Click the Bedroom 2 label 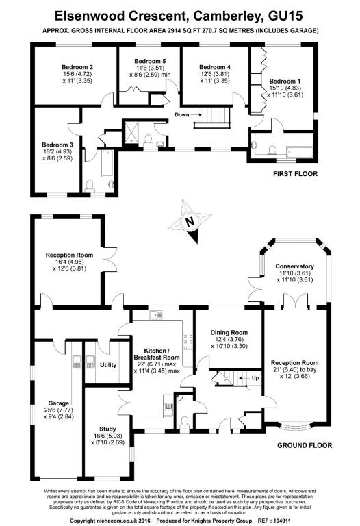(x=77, y=67)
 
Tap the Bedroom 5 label (x=150, y=61)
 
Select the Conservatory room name (x=294, y=266)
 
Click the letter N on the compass (x=190, y=221)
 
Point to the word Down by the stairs (x=181, y=115)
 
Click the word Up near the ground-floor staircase (x=255, y=378)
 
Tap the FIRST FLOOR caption (x=295, y=174)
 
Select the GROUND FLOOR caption (x=305, y=445)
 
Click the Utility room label (x=108, y=365)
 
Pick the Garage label (x=59, y=403)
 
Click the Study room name (x=107, y=429)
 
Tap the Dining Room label (x=229, y=333)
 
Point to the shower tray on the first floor (x=131, y=131)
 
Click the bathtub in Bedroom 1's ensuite (x=300, y=153)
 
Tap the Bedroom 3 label (x=57, y=145)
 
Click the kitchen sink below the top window (x=156, y=314)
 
